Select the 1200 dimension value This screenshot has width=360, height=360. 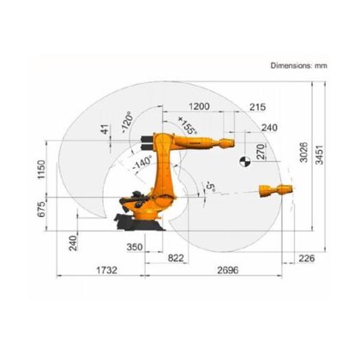[199, 106]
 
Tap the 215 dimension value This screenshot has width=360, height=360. [256, 106]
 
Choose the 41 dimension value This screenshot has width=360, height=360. [105, 130]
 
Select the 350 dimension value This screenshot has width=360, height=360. [134, 248]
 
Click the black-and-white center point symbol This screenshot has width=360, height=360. [243, 159]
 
